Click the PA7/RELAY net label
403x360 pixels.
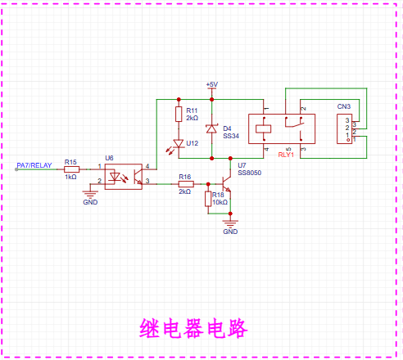[x=34, y=165]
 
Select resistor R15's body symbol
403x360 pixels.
[x=71, y=169]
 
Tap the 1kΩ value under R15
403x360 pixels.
[x=70, y=177]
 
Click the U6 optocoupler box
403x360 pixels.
[x=124, y=177]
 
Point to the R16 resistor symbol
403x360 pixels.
[x=186, y=184]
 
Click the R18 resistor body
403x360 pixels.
[x=208, y=199]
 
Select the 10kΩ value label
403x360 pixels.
[x=220, y=202]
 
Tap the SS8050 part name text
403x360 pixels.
[x=250, y=173]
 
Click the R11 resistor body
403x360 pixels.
[x=179, y=114]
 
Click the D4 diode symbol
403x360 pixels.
[x=211, y=128]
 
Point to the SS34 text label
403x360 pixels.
[x=231, y=136]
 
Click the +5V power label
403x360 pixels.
[x=212, y=84]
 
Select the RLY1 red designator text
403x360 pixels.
[x=286, y=155]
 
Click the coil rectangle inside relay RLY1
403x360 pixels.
[x=264, y=128]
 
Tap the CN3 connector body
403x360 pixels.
[x=345, y=128]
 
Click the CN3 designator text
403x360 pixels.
[x=344, y=106]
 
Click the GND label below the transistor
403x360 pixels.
[x=230, y=232]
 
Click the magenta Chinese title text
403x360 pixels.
[x=193, y=328]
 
